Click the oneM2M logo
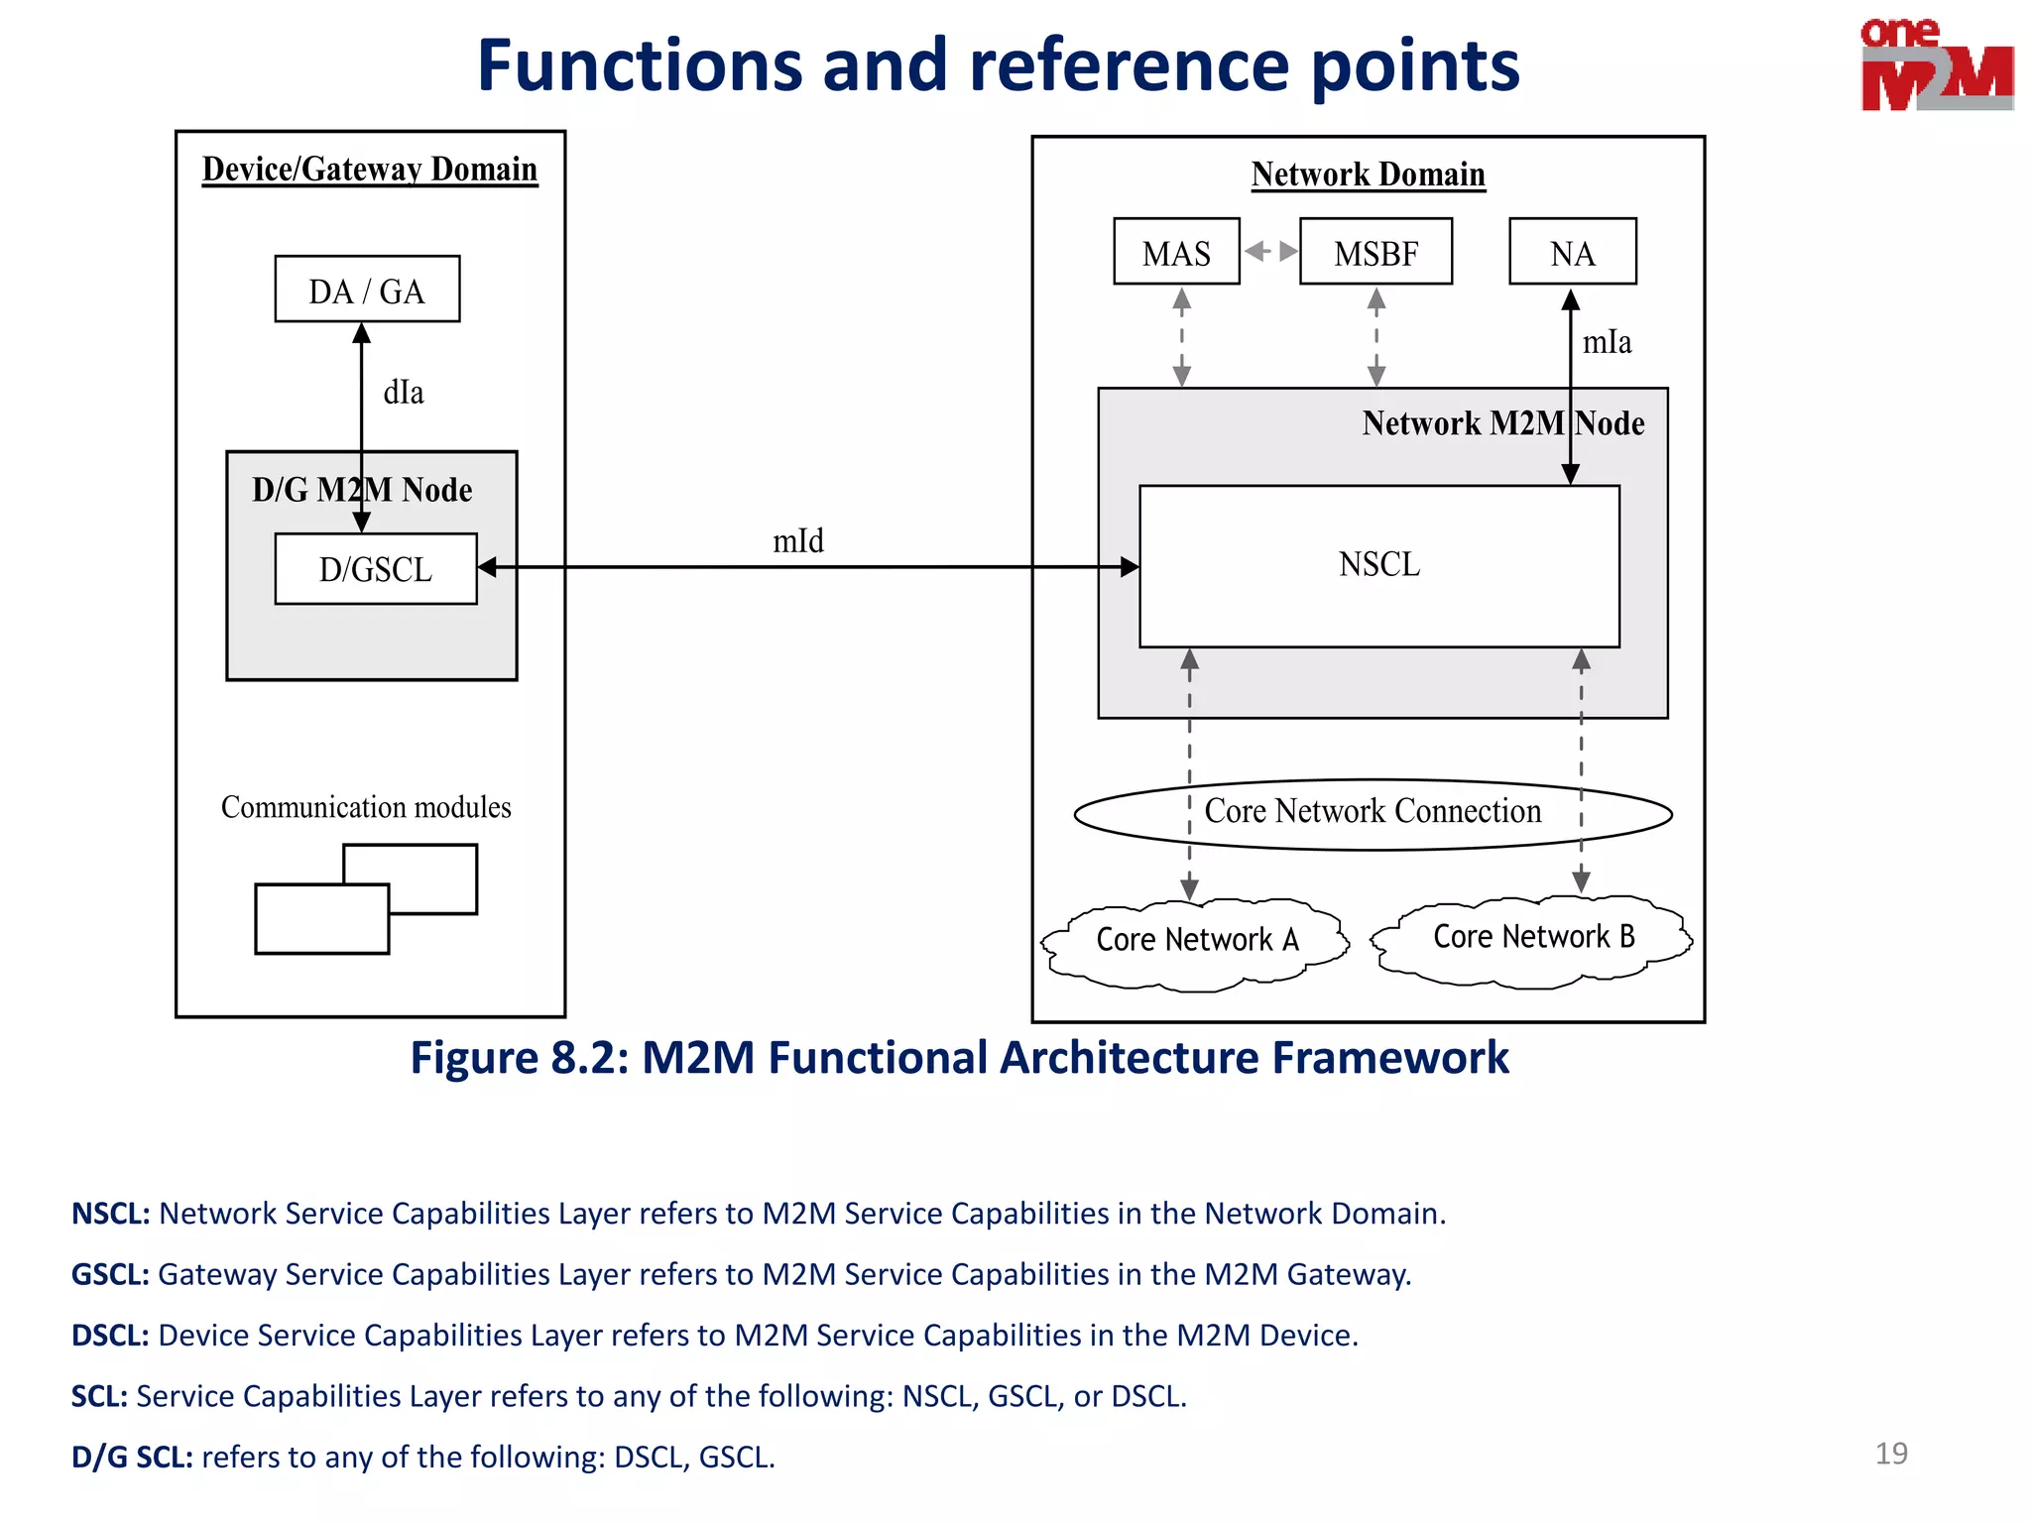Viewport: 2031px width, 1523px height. (x=1936, y=65)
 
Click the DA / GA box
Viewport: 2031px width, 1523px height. (x=367, y=290)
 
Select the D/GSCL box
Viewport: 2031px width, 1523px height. (x=376, y=569)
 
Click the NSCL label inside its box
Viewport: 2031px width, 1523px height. (x=1379, y=564)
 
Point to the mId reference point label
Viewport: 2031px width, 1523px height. (x=798, y=541)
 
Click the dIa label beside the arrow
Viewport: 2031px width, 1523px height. (x=404, y=393)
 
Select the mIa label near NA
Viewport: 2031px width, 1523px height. (x=1607, y=343)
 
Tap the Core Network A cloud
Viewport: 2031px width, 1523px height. (x=1196, y=940)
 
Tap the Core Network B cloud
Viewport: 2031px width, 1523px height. (x=1533, y=937)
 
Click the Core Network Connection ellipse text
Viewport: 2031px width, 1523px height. (x=1373, y=812)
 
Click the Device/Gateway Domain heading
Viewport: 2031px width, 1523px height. (x=370, y=170)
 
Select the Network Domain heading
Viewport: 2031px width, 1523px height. (x=1368, y=175)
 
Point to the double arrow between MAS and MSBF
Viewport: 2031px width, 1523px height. (x=1270, y=251)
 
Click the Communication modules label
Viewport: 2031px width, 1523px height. (x=366, y=807)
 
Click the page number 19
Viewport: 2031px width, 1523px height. (x=1890, y=1454)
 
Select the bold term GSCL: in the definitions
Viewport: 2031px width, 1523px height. (x=110, y=1274)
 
